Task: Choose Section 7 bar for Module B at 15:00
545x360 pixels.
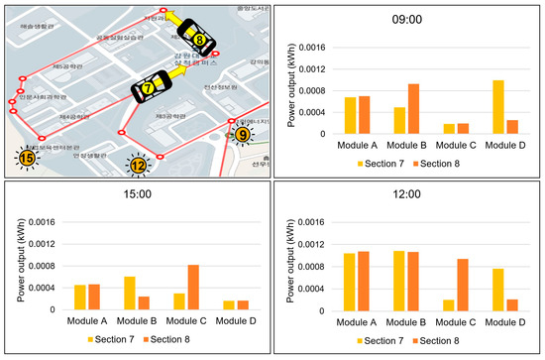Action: tap(130, 293)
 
